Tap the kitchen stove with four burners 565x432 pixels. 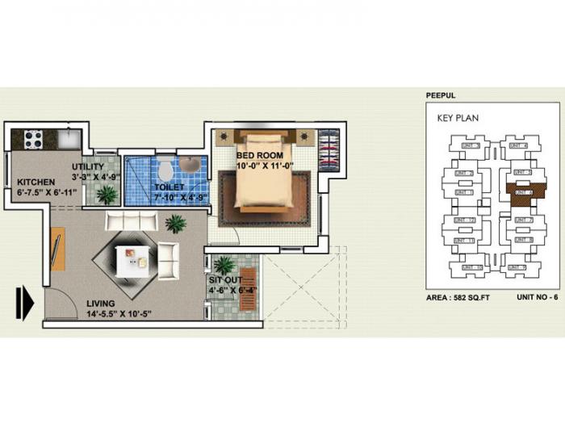[x=33, y=139]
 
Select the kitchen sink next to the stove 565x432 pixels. [x=68, y=139]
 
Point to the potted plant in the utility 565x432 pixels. [x=107, y=195]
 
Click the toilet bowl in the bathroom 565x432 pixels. [x=165, y=170]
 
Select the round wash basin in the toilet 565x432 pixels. [x=191, y=166]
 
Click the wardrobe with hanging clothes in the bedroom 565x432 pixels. [x=329, y=149]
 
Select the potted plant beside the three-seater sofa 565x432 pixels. [x=175, y=224]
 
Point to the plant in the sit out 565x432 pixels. [x=224, y=265]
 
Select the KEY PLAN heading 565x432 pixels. [x=458, y=118]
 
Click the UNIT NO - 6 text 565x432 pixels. [x=537, y=297]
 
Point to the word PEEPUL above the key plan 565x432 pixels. [x=441, y=95]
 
